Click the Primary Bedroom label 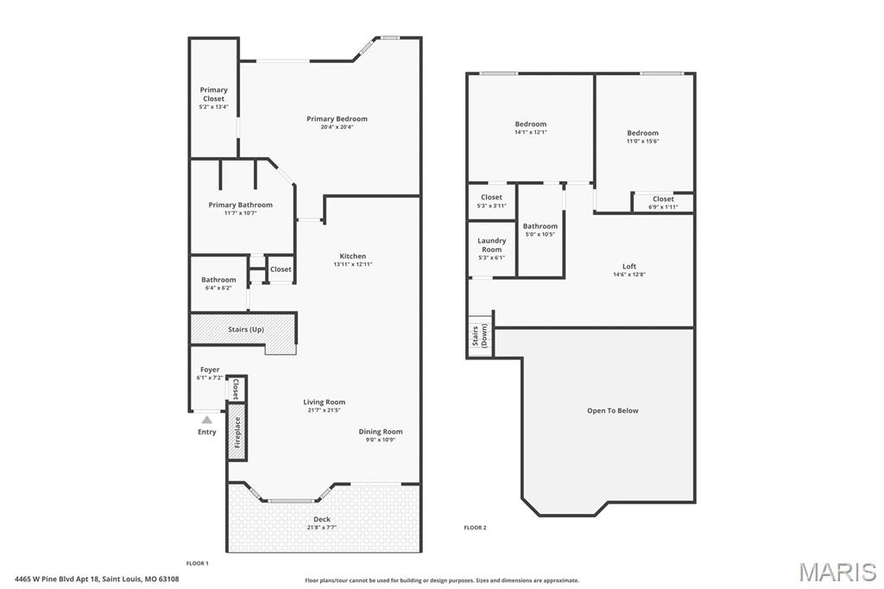(337, 119)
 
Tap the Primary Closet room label (213, 94)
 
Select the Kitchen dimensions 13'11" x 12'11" (352, 265)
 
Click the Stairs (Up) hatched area (245, 329)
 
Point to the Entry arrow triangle (206, 420)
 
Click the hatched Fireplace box (237, 434)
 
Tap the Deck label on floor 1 (321, 519)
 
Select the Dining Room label (381, 432)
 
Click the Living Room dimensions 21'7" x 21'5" (324, 410)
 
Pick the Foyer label (210, 370)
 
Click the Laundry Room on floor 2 (491, 245)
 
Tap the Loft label (629, 266)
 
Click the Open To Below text (612, 410)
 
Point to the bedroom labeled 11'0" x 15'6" (642, 136)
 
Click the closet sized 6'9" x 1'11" (663, 202)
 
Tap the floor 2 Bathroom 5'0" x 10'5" (540, 230)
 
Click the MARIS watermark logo (837, 572)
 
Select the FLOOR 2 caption (475, 528)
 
